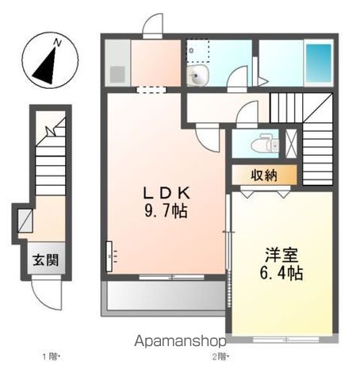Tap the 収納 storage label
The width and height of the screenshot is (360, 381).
click(265, 175)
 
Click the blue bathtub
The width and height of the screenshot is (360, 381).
click(319, 60)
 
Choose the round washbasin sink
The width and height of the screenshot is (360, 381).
click(197, 75)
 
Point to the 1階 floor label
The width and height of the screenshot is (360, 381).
click(48, 355)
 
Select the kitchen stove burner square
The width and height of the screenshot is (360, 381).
click(117, 75)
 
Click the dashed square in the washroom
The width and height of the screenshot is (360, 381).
click(196, 49)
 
